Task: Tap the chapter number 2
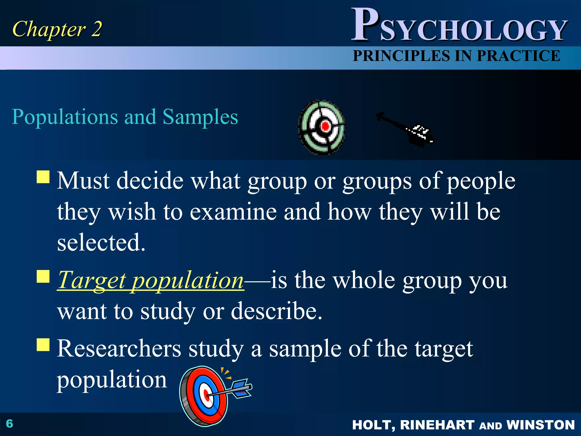(96, 29)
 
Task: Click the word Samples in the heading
(200, 117)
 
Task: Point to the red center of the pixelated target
(325, 126)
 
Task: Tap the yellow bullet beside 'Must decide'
(43, 177)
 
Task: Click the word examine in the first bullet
(233, 212)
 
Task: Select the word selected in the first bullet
(101, 243)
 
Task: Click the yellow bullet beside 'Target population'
(43, 276)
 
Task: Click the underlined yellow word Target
(92, 280)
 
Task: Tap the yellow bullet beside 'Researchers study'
(43, 345)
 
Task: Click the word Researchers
(119, 349)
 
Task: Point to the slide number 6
(10, 424)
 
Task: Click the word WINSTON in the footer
(540, 425)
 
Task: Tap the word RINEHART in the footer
(437, 425)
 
